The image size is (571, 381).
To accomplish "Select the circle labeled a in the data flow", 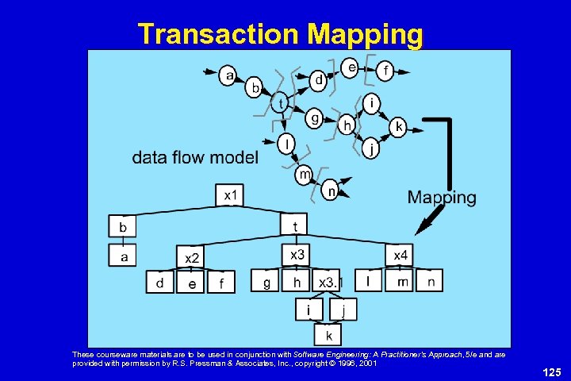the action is [x=230, y=75].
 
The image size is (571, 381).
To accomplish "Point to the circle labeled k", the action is [x=399, y=126].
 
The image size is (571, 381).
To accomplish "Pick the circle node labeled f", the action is [x=385, y=70].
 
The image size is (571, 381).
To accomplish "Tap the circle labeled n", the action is [x=331, y=190].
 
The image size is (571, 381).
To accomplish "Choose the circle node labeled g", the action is [x=315, y=118].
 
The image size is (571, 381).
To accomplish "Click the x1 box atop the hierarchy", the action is [x=230, y=195].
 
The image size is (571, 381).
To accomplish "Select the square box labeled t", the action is [x=295, y=226].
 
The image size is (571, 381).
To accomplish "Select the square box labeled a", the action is [x=123, y=256].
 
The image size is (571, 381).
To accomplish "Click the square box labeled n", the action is [x=431, y=282].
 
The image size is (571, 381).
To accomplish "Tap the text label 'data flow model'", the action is [x=195, y=158].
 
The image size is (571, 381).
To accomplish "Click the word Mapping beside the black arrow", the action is [x=442, y=198].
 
